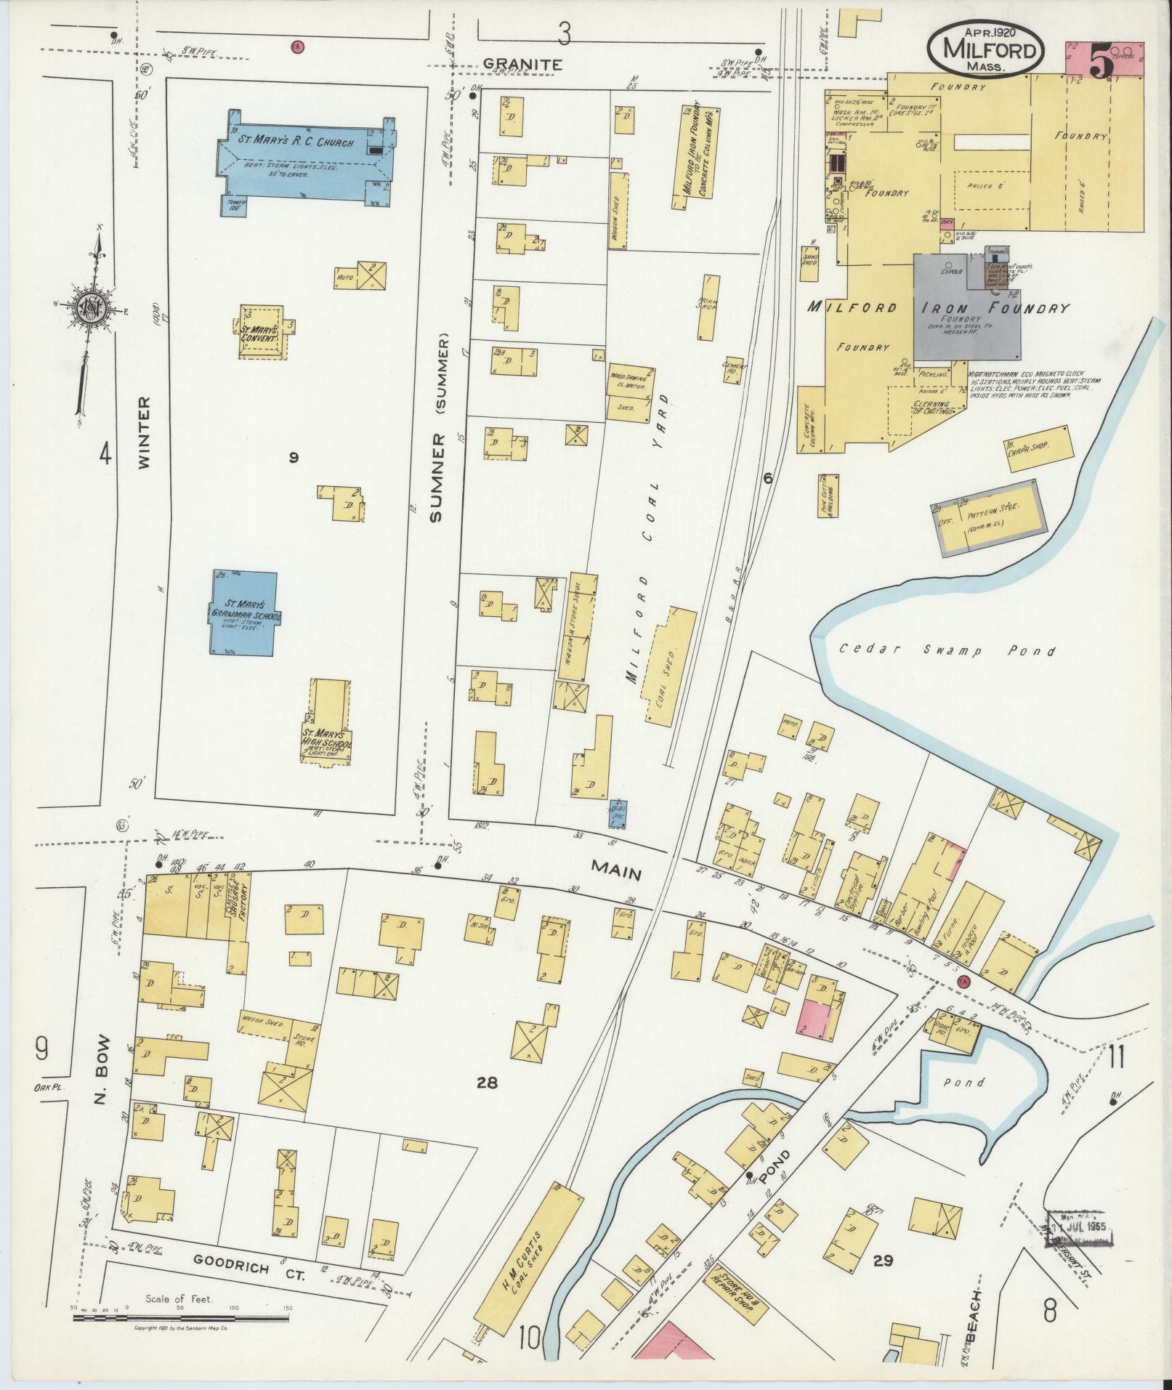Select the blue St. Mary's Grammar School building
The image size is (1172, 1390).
(x=245, y=612)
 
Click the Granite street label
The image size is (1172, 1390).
(x=522, y=64)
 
